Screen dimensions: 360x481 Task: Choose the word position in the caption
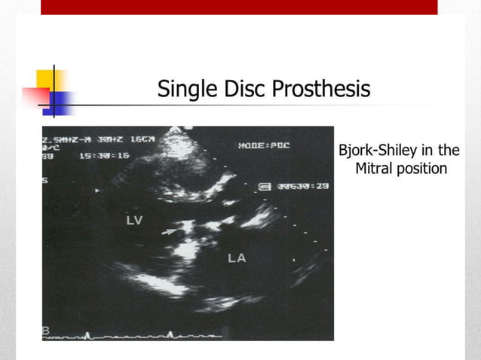tap(422, 169)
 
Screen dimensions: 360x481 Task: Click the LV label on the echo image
tap(135, 220)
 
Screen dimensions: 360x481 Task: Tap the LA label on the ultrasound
tap(237, 258)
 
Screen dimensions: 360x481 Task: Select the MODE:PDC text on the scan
tap(264, 144)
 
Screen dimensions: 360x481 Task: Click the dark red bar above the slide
tap(239, 7)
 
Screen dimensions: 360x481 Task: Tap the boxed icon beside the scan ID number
tap(265, 185)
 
